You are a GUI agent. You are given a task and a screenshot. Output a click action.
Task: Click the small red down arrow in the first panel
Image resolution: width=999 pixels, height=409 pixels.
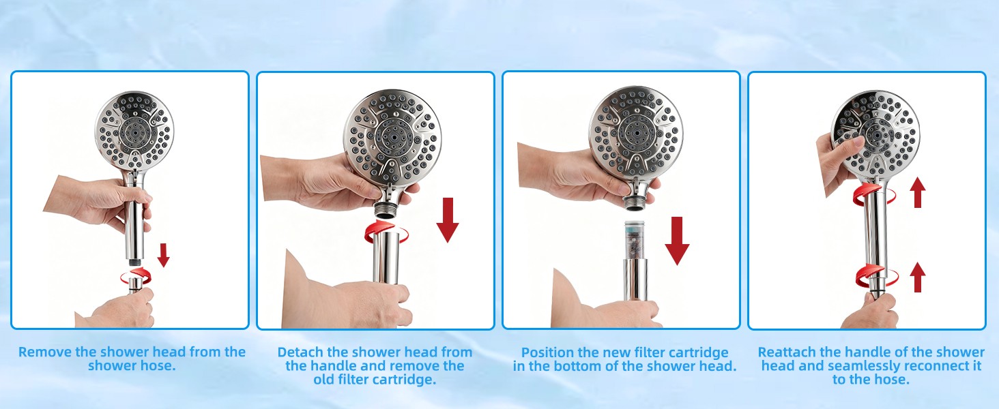tap(164, 255)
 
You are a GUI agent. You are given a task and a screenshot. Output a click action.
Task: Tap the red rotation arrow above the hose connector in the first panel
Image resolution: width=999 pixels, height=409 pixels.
tap(136, 275)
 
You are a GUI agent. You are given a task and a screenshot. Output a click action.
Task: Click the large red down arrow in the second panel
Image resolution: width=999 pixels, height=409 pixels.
tap(448, 219)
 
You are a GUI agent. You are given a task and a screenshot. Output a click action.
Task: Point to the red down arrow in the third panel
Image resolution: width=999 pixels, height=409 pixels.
tap(677, 241)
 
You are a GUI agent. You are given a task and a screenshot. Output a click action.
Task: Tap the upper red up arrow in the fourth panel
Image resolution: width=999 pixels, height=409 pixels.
tap(917, 192)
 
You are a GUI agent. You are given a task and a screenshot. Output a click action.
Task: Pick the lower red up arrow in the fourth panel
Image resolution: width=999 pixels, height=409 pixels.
tap(917, 277)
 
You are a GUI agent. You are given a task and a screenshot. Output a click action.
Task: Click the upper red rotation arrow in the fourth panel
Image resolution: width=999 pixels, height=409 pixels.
tap(874, 195)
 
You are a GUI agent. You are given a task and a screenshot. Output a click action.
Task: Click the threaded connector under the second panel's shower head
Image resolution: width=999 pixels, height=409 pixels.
tap(385, 209)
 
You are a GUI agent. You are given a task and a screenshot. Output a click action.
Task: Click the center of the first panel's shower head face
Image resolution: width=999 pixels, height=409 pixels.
tap(134, 132)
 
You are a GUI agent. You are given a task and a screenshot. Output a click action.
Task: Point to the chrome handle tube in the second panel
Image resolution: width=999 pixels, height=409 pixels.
tap(386, 258)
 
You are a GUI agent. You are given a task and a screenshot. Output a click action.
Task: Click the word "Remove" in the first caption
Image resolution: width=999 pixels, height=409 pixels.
tap(45, 352)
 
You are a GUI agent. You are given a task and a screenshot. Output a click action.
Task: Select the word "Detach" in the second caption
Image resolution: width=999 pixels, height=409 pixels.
tap(301, 352)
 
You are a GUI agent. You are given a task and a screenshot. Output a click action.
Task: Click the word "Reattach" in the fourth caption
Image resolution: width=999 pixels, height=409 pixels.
tap(787, 352)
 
